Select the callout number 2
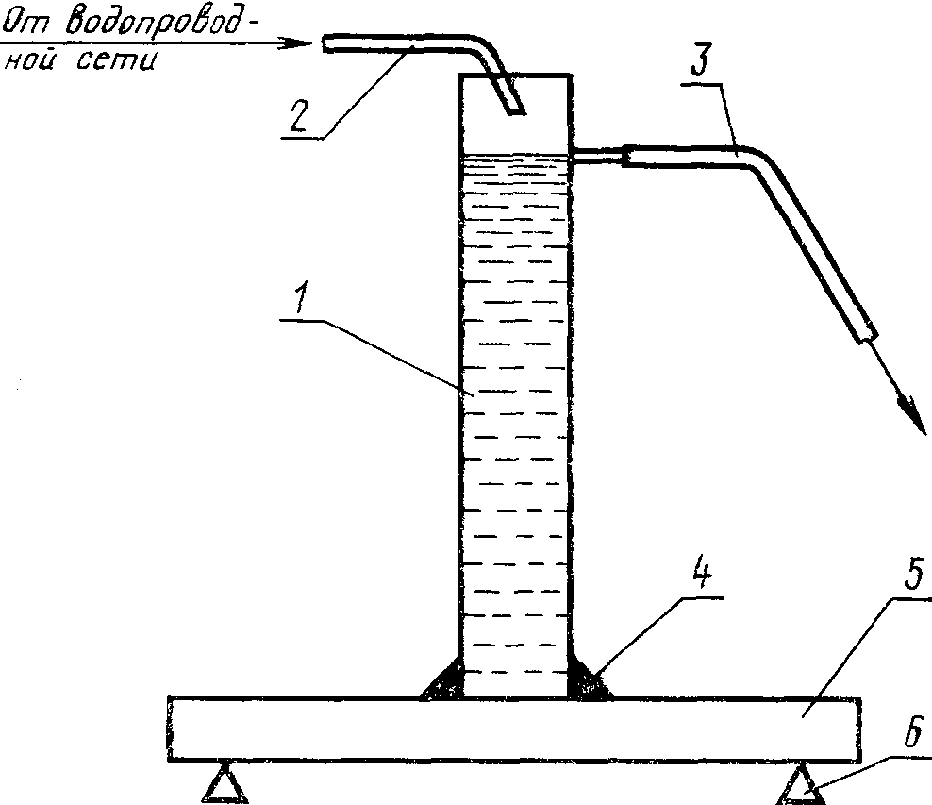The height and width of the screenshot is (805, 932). [298, 115]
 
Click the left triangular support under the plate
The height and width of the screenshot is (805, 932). [225, 785]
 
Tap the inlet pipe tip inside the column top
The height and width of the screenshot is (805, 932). [515, 108]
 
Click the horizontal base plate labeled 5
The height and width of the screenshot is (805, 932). [514, 728]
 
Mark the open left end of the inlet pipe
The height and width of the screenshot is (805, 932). [324, 43]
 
